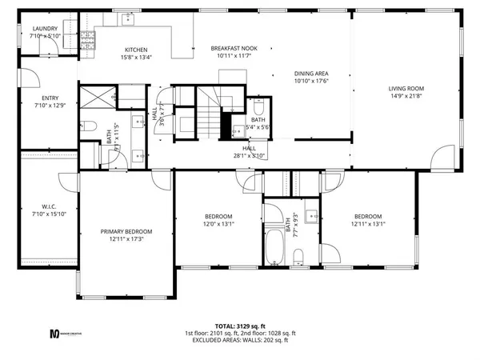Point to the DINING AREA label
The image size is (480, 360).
click(312, 74)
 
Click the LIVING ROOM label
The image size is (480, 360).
click(406, 88)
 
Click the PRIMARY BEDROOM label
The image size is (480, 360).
click(126, 231)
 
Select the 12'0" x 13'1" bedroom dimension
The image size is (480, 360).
click(218, 224)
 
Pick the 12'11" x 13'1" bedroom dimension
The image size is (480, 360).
click(368, 224)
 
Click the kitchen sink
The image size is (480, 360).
click(127, 17)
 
